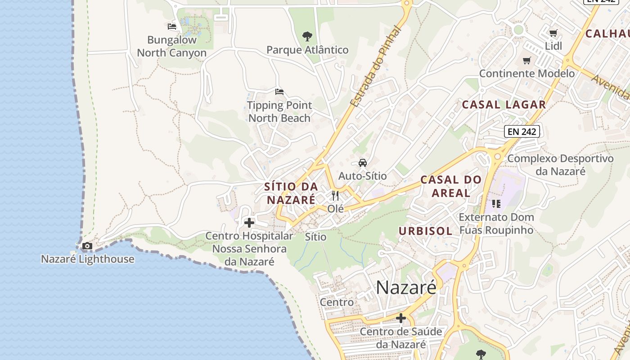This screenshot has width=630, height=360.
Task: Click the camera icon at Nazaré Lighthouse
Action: (87, 246)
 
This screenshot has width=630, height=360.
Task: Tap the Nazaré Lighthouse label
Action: (87, 259)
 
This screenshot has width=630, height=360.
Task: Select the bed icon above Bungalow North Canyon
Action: (172, 27)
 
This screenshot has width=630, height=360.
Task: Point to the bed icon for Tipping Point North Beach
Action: (279, 92)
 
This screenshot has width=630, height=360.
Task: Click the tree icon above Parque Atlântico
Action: (307, 36)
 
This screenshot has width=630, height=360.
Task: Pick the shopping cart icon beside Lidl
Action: (553, 33)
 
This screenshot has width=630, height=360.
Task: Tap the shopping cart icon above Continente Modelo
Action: (526, 60)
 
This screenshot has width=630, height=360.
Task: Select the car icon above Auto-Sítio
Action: (363, 162)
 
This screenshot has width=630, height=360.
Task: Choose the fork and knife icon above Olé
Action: (335, 195)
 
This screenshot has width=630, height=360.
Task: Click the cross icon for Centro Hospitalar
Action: (249, 222)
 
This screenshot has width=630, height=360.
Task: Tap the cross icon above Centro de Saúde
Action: (400, 319)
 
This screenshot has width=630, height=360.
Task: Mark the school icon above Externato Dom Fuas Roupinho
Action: (496, 204)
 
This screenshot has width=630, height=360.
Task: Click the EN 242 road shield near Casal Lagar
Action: (522, 131)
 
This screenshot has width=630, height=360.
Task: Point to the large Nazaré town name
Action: (406, 287)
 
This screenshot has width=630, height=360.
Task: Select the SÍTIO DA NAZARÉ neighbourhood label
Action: (291, 193)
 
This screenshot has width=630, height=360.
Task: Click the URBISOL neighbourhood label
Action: (425, 231)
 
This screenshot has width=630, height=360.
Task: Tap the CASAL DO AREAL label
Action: (451, 186)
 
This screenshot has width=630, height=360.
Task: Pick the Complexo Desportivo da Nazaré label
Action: (560, 165)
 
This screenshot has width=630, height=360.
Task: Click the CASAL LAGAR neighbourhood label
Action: (504, 105)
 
